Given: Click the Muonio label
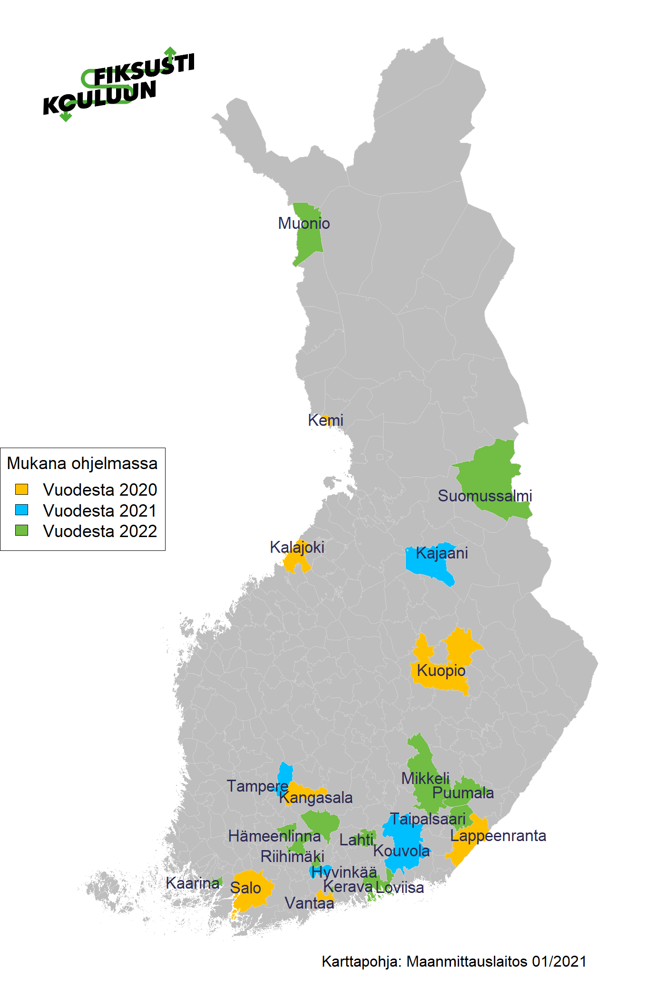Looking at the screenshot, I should click(x=304, y=223).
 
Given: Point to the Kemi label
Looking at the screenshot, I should click(x=325, y=421).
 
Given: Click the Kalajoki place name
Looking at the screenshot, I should click(x=297, y=547).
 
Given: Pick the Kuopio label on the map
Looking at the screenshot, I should click(x=441, y=670).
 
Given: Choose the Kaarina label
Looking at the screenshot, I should click(x=193, y=883).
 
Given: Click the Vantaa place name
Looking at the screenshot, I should click(x=309, y=903).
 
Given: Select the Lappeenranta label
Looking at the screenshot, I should click(x=498, y=835).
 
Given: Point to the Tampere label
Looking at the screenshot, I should click(x=257, y=786).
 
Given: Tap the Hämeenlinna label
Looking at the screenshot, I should click(x=274, y=836).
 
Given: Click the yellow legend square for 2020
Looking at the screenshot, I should click(x=22, y=489).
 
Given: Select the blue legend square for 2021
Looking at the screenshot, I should click(x=22, y=510).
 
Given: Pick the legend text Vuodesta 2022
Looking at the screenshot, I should click(x=100, y=531).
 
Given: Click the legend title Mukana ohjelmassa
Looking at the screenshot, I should click(x=82, y=463).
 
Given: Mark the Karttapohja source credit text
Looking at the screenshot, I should click(x=454, y=961).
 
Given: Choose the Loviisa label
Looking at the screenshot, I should click(x=400, y=887).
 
